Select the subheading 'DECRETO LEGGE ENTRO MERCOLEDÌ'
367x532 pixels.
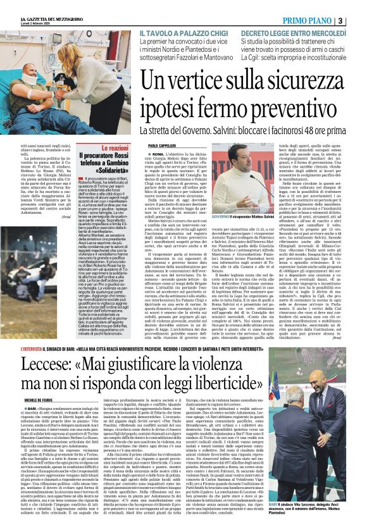click(x=294, y=32)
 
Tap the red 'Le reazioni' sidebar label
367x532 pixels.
click(x=115, y=147)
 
